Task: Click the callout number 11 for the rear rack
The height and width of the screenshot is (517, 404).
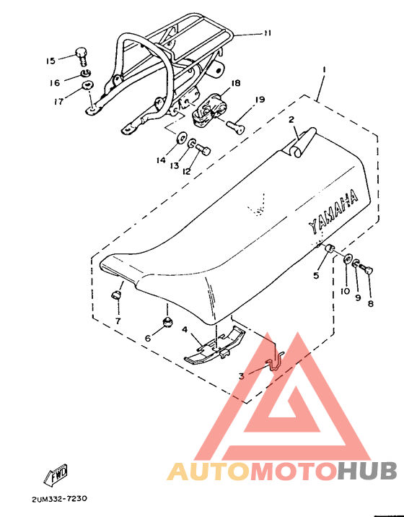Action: tap(267, 33)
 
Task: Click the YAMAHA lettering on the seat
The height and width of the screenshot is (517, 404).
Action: tap(333, 213)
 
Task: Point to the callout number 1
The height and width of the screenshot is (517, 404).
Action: tap(325, 69)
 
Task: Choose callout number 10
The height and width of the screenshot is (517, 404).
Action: tap(345, 291)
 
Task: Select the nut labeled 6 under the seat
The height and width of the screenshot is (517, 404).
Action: tap(167, 320)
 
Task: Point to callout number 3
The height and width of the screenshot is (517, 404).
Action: tap(242, 375)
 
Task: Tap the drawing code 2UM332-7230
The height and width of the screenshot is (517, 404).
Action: tap(61, 499)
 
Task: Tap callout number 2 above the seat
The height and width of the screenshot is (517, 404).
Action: tap(291, 120)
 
